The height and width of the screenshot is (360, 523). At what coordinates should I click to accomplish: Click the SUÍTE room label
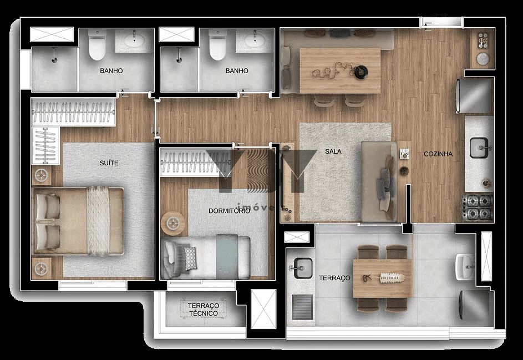point(109,163)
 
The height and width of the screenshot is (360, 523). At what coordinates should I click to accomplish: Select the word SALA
point(333,151)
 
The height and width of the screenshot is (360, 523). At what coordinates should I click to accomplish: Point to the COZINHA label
point(438,154)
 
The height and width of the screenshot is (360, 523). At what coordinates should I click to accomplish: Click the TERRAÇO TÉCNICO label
point(204,310)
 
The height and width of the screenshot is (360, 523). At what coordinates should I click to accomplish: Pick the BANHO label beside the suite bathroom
point(111,71)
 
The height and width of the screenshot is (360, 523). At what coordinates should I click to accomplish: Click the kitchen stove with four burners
point(478,207)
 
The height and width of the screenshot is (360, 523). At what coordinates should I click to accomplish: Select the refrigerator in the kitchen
point(474,96)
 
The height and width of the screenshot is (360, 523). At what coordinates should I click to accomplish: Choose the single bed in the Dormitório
point(206,256)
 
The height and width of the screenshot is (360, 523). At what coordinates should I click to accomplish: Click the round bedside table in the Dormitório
point(171,224)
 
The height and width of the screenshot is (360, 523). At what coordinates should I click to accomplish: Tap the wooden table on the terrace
point(383,277)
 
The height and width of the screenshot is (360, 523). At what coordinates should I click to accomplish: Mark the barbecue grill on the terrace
point(302,307)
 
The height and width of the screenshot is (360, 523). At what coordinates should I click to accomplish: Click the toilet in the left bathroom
point(98,46)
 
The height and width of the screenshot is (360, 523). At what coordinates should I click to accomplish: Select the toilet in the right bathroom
point(217,46)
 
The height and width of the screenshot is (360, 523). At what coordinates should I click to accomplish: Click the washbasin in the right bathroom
point(254,40)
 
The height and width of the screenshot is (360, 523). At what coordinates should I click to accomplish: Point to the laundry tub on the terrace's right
point(465,267)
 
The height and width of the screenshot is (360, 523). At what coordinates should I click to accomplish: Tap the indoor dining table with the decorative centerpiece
point(339,70)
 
